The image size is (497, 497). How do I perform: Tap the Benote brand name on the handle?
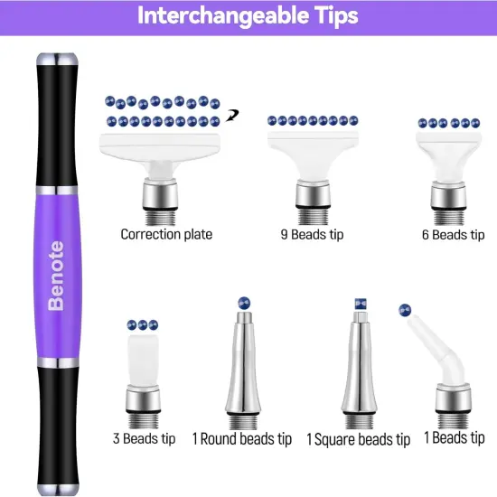tap(57, 276)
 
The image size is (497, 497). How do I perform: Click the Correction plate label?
tap(166, 234)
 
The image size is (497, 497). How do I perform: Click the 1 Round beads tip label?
tap(241, 439)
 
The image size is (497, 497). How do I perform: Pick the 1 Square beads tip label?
tap(358, 440)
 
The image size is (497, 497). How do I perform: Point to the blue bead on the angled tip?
tap(405, 310)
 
